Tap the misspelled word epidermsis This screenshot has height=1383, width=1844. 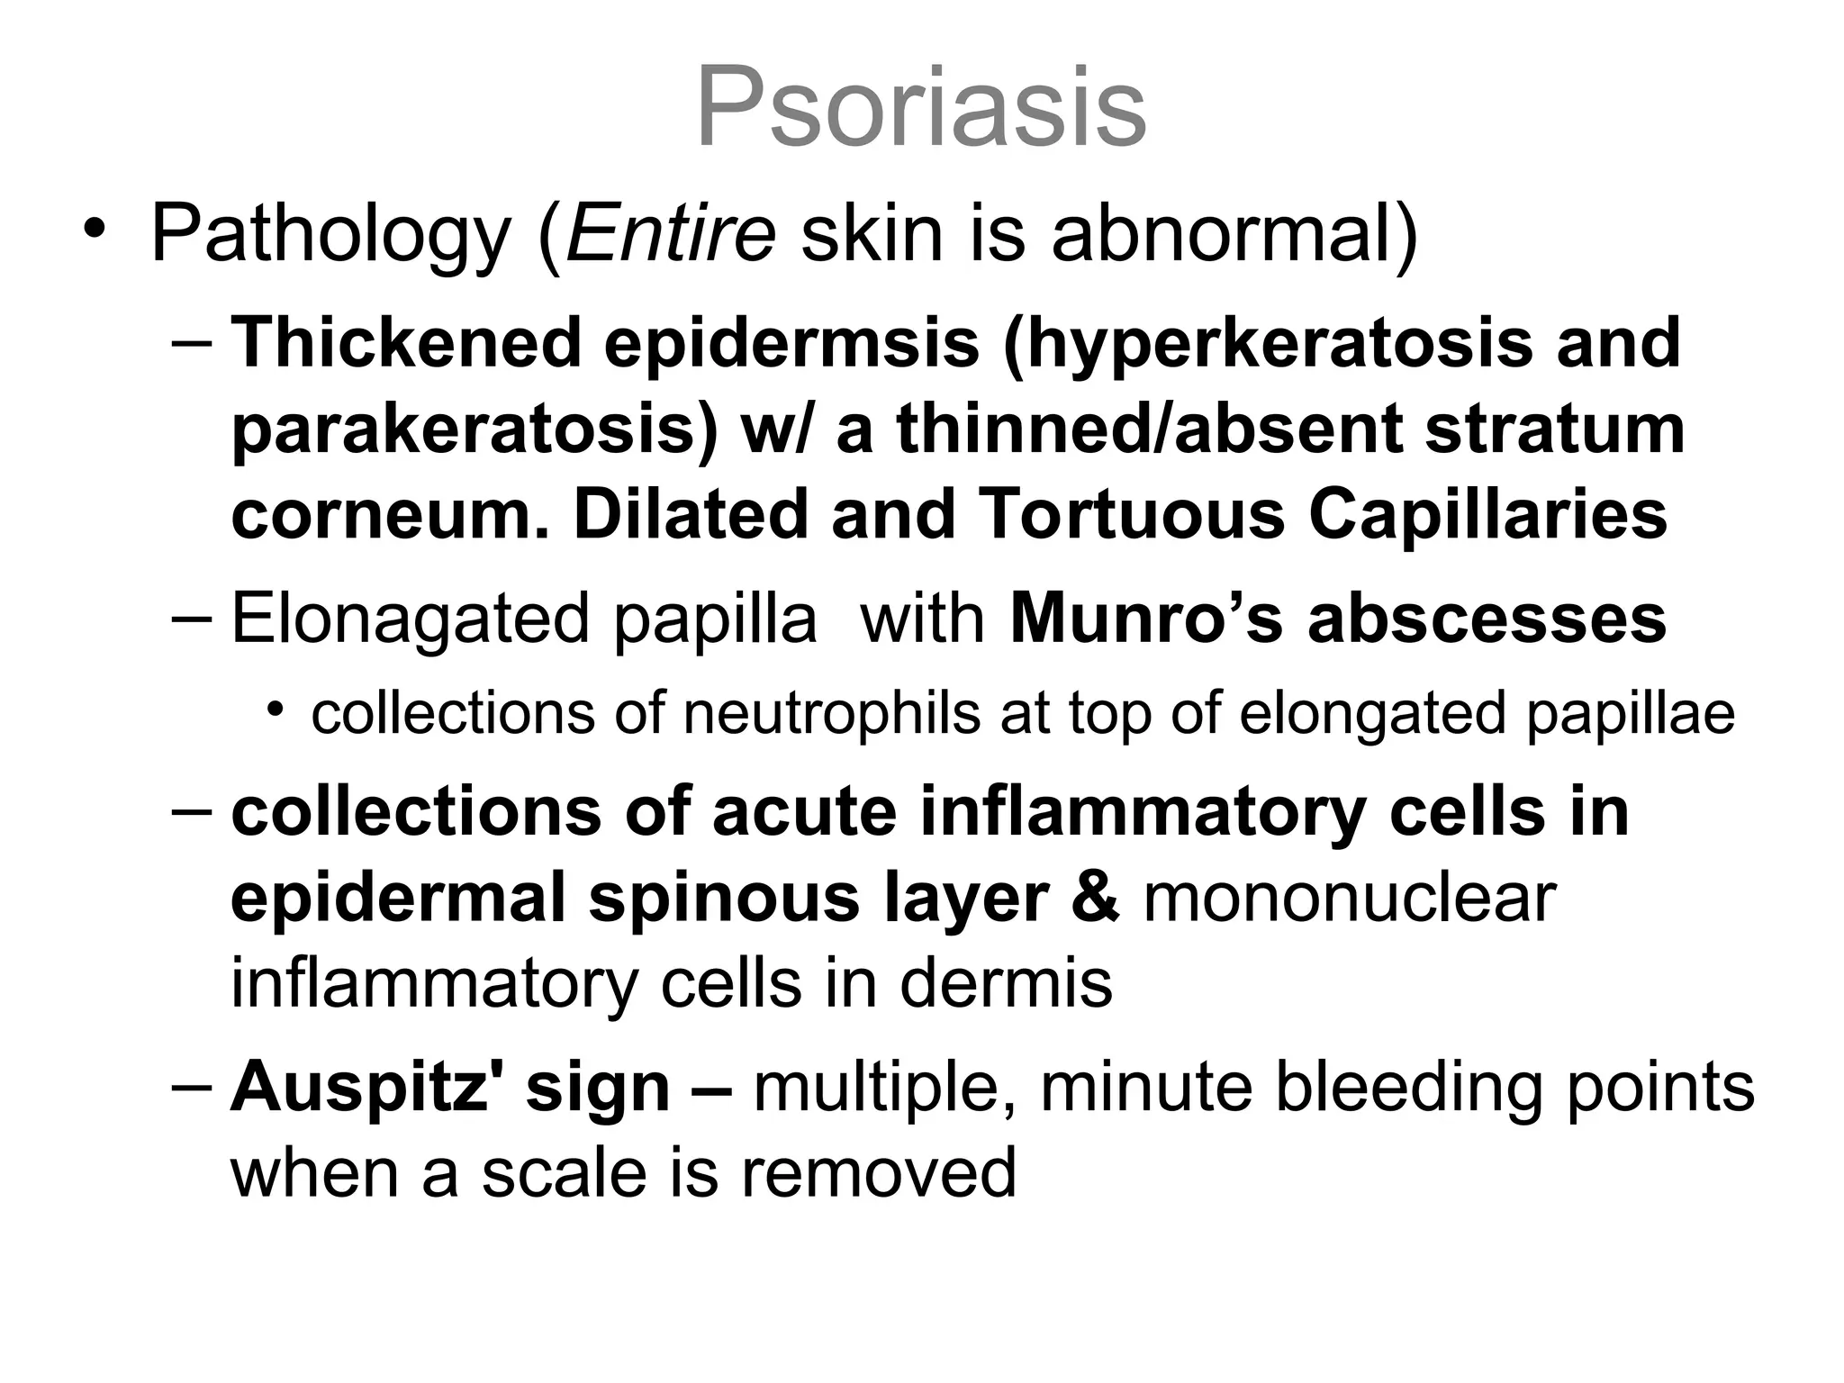791,344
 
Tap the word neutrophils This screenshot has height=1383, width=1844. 831,714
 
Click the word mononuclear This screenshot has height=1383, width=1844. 1349,899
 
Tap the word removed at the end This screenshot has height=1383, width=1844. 879,1173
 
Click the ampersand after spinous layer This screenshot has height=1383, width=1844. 1096,899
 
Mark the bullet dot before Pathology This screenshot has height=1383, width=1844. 94,229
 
